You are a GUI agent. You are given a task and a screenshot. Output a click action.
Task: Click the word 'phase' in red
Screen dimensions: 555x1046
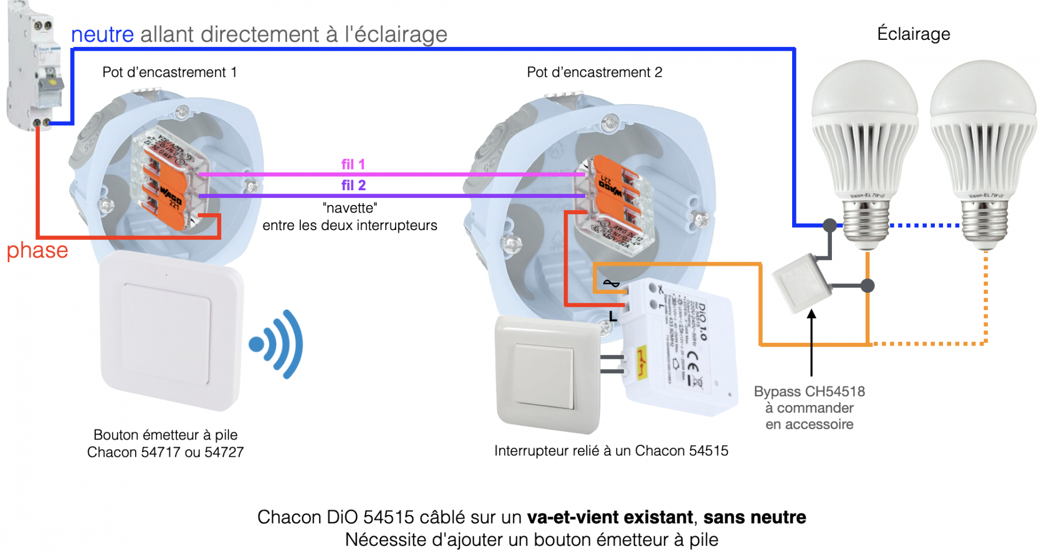(37, 250)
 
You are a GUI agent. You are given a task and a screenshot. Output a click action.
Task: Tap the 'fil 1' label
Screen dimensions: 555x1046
(353, 164)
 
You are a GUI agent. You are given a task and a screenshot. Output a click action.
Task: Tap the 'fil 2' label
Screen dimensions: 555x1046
(353, 185)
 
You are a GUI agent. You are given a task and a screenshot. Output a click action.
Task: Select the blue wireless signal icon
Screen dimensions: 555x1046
(277, 345)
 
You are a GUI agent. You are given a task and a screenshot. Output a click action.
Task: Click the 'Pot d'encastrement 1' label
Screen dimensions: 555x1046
(169, 73)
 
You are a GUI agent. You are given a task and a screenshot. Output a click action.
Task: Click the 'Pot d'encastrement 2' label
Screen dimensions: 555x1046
(594, 73)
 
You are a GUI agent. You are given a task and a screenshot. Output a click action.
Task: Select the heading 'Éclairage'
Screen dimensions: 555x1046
(913, 34)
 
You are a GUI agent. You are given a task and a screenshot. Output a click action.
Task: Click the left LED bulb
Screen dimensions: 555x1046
(865, 147)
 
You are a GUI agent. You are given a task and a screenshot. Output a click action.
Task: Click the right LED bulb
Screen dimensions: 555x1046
(983, 147)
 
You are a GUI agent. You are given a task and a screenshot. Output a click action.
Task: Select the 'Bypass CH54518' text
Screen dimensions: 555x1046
(809, 391)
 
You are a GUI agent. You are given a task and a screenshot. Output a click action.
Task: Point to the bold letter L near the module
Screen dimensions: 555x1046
(613, 316)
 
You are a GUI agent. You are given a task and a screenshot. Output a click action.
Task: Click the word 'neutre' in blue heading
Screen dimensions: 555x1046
(102, 34)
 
